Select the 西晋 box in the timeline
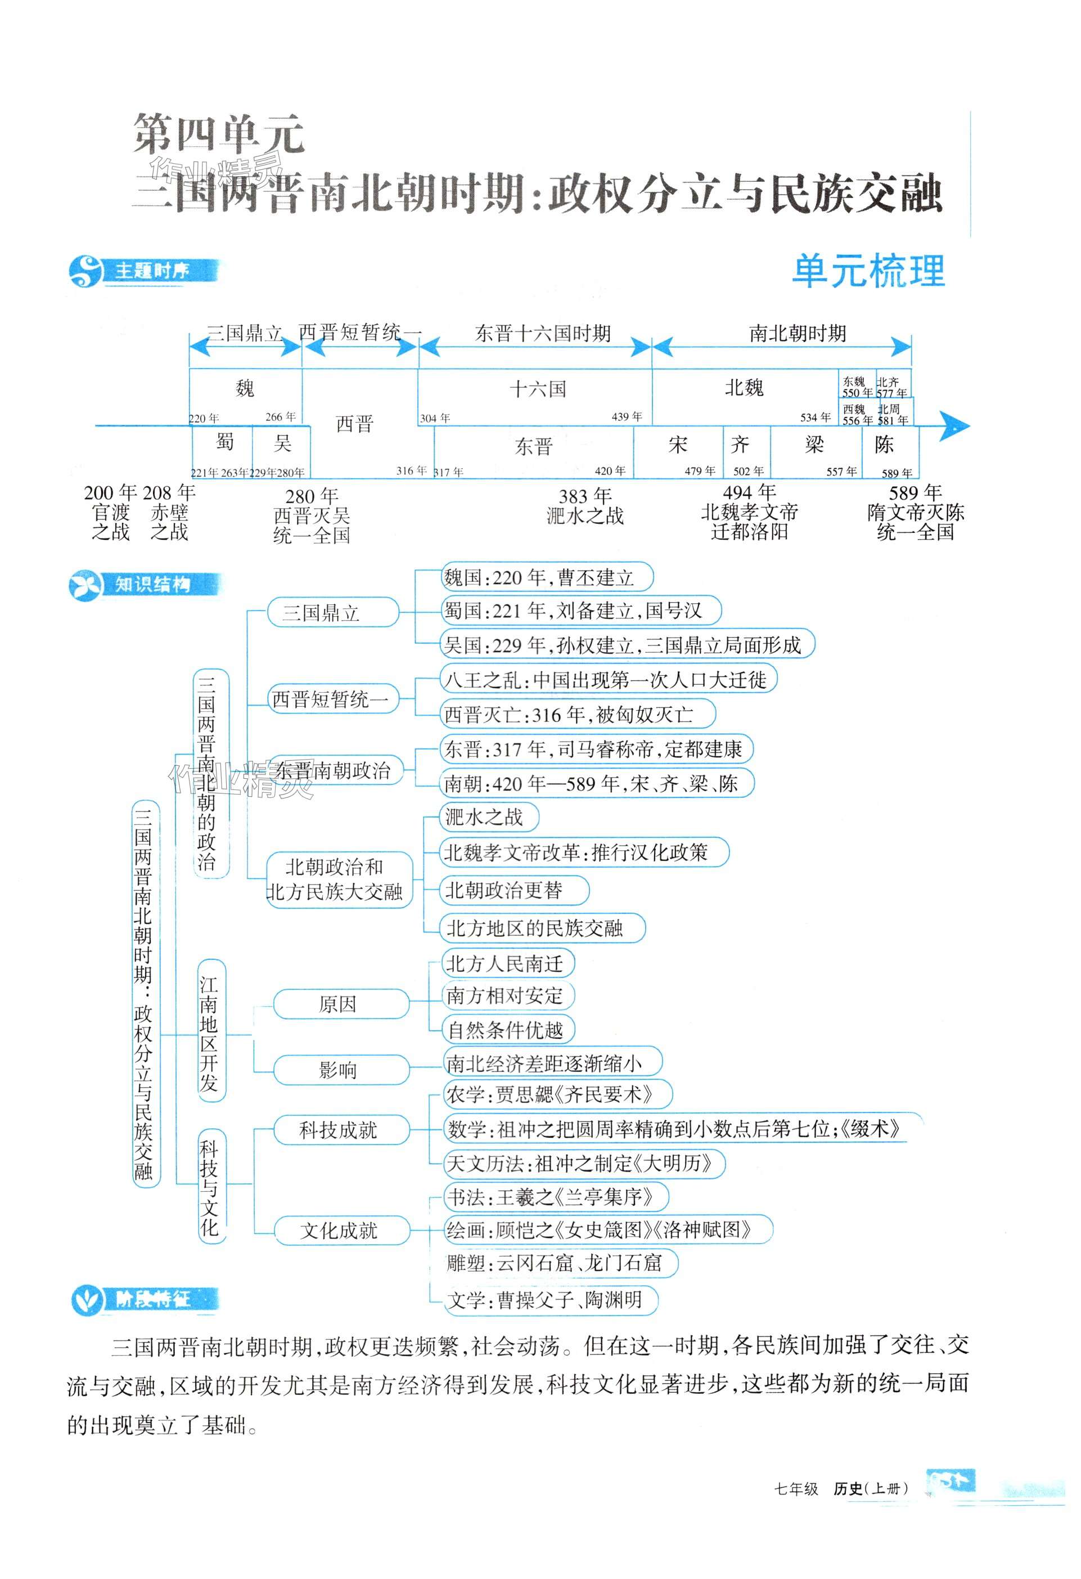pos(355,425)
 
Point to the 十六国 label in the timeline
pos(538,389)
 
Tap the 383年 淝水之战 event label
pos(584,506)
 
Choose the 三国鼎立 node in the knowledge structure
pos(332,613)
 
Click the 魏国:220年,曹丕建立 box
pos(546,578)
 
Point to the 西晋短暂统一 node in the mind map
pos(331,699)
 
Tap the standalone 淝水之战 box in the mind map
pos(489,817)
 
